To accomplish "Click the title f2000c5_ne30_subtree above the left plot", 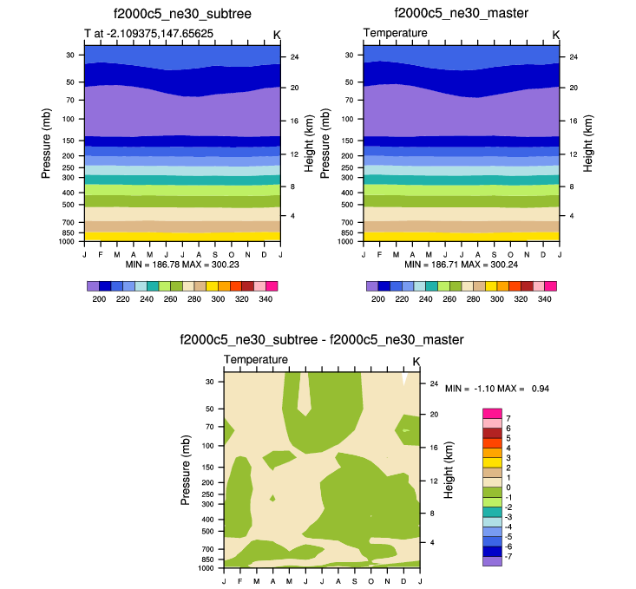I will [x=182, y=14].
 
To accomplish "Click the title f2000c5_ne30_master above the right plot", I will [x=461, y=14].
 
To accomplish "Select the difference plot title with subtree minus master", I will [x=321, y=340].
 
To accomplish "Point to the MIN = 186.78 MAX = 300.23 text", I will [x=182, y=262].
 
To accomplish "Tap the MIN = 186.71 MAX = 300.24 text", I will [x=461, y=262].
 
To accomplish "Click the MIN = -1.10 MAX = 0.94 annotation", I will [x=497, y=389].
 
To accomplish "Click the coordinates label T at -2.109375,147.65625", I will [x=148, y=34].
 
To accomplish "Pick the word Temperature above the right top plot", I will [x=395, y=33].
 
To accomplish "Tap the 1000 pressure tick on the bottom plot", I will [x=207, y=569].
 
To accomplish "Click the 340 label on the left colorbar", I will [x=266, y=298].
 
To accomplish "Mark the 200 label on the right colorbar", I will [x=378, y=298].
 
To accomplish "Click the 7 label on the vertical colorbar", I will [x=508, y=418].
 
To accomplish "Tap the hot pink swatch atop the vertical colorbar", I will [x=493, y=413].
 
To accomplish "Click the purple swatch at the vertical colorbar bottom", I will [x=493, y=561].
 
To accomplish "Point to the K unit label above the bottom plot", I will [x=416, y=361].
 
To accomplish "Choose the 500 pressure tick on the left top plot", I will [x=69, y=205].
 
